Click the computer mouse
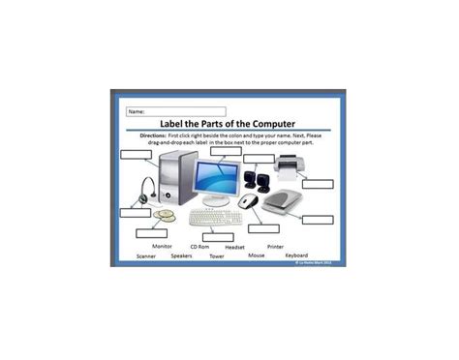249,201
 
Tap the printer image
290,169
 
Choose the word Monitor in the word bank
162,246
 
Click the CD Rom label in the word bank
199,247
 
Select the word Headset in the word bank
234,247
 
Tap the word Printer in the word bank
275,247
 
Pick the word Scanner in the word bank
146,256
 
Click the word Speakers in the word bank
181,256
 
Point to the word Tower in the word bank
217,256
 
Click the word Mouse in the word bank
256,255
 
